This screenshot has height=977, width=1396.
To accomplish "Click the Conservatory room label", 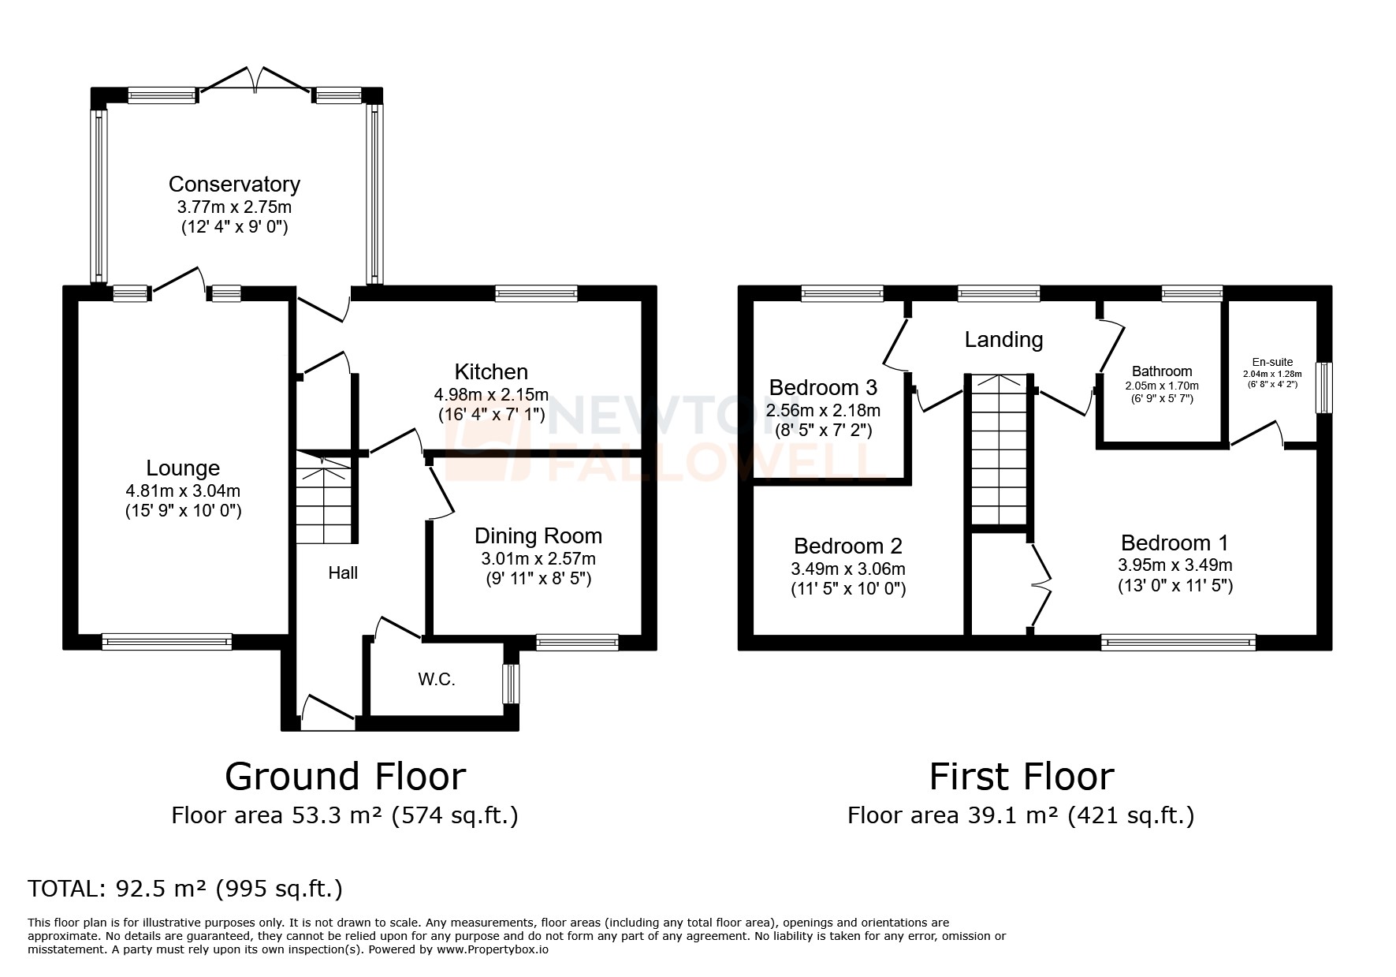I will point(234,185).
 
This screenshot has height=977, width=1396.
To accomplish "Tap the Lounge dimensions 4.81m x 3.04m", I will point(183,490).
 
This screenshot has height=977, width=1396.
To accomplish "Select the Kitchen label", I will point(491,371).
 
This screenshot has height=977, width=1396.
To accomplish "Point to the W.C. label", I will point(437,680).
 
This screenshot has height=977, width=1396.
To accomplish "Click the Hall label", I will point(343,573).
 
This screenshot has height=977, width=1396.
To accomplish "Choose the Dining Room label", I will point(538,536).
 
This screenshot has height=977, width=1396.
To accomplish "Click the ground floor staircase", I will point(325,505).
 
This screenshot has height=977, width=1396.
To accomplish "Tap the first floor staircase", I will point(999,449).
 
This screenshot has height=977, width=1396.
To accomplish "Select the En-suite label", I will point(1272,363).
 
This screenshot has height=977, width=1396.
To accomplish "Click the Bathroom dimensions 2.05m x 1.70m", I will point(1162,386).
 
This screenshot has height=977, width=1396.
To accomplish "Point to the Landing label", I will point(1003,340).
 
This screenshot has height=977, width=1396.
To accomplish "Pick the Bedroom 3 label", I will point(823,388).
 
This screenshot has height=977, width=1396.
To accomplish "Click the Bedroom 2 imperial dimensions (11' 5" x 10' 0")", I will point(848,589).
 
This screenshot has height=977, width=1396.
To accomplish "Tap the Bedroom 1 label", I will point(1175,543).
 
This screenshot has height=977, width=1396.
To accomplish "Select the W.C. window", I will point(512,684).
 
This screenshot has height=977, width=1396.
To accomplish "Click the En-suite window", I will point(1325,387).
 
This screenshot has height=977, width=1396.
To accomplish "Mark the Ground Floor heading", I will point(345,777).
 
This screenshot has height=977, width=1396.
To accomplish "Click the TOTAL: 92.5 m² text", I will point(185,889).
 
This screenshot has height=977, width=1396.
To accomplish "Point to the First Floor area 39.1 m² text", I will point(1020,815).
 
